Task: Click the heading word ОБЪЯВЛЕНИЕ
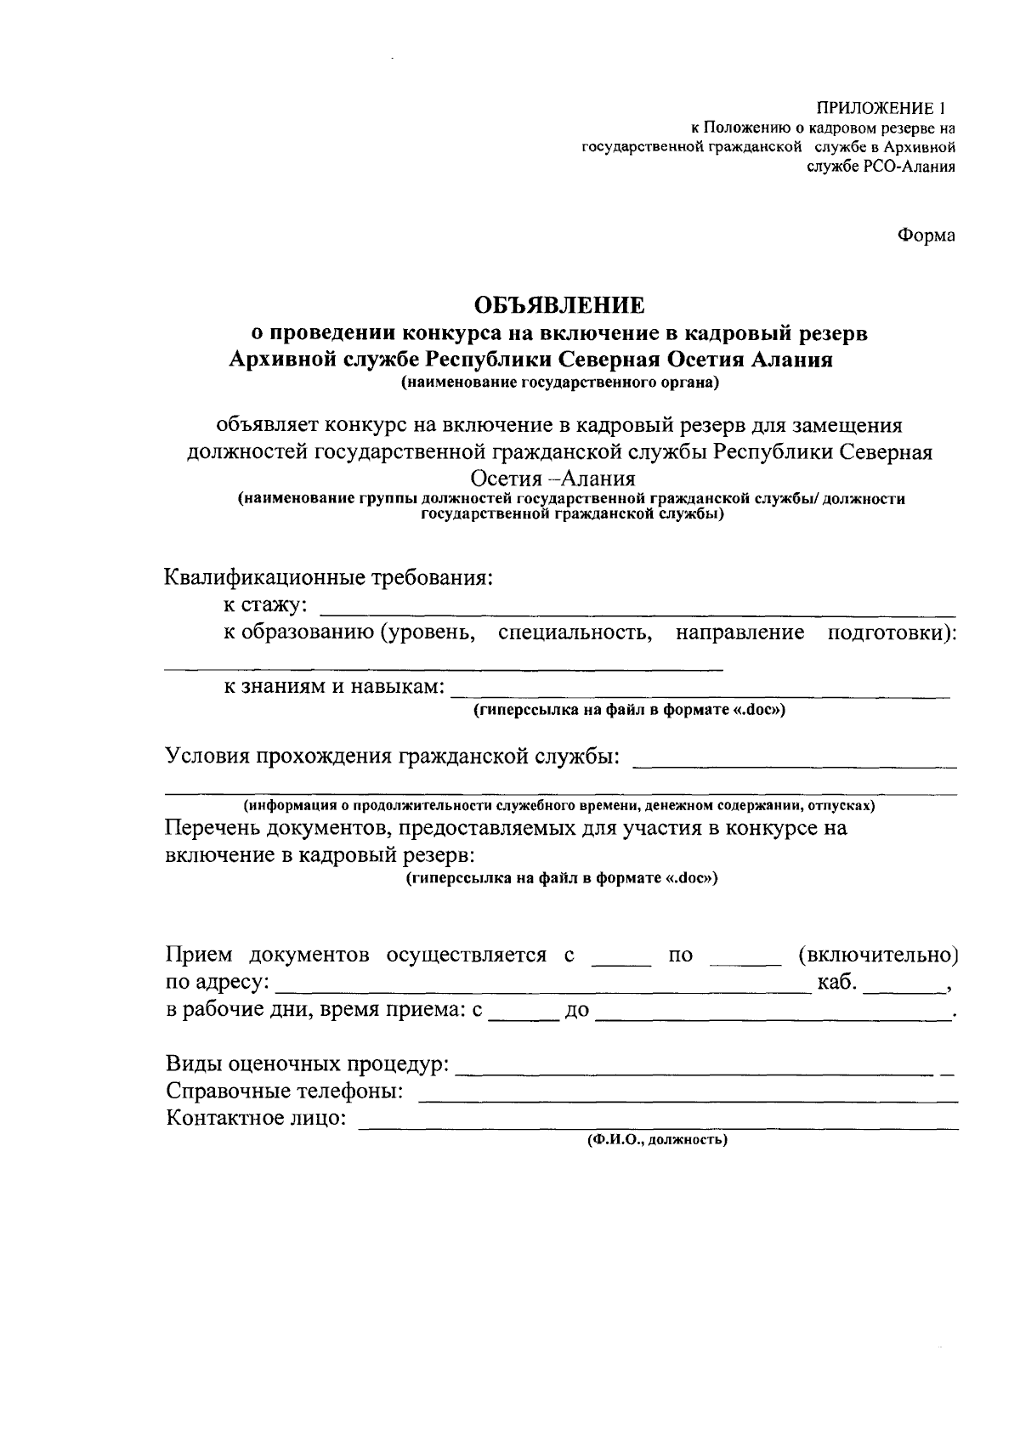point(558,305)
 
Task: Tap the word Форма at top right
point(926,235)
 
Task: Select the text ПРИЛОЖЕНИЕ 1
point(881,109)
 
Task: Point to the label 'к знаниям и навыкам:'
point(334,686)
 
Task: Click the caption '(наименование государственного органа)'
point(560,383)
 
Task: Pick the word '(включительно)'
point(878,955)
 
